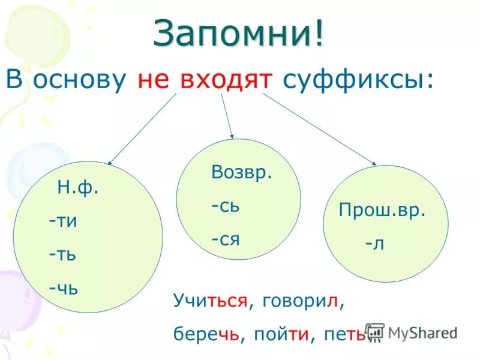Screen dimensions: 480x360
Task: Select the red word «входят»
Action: pos(226,80)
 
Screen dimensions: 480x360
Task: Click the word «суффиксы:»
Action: pos(357,80)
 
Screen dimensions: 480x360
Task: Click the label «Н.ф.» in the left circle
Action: pos(78,188)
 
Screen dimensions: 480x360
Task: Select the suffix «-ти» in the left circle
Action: pos(64,221)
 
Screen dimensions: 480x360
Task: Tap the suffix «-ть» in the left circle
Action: pos(63,254)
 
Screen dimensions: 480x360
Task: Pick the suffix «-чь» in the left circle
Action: pos(64,287)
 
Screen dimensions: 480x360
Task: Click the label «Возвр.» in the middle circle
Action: pos(242,173)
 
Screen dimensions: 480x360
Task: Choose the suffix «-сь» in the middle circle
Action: pos(226,206)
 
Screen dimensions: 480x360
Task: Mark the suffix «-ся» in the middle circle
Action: pos(226,239)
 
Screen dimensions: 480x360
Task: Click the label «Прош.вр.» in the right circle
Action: pos(382,211)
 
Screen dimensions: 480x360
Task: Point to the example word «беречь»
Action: pos(206,333)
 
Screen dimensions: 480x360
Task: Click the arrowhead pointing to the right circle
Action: pos(374,163)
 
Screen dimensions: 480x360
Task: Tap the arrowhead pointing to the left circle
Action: pos(110,162)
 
